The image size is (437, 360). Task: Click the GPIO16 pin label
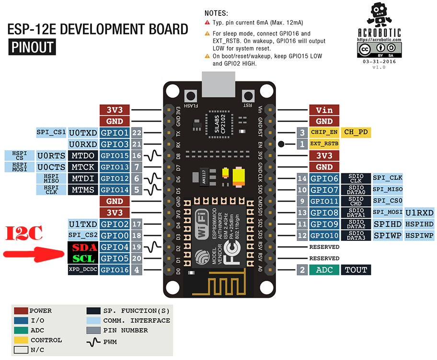pyautogui.click(x=115, y=270)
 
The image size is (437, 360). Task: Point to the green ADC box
pyautogui.click(x=324, y=270)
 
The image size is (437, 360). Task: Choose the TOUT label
pyautogui.click(x=356, y=270)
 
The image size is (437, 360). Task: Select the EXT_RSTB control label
pyautogui.click(x=324, y=144)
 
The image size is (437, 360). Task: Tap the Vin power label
pyautogui.click(x=324, y=110)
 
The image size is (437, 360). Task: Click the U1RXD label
pyautogui.click(x=419, y=213)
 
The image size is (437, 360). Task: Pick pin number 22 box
pyautogui.click(x=137, y=133)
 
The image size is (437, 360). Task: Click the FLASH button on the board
pyautogui.click(x=192, y=97)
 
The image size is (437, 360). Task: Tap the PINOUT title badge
pyautogui.click(x=31, y=47)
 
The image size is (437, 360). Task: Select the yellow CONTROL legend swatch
pyautogui.click(x=21, y=340)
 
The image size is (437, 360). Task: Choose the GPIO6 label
pyautogui.click(x=324, y=178)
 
